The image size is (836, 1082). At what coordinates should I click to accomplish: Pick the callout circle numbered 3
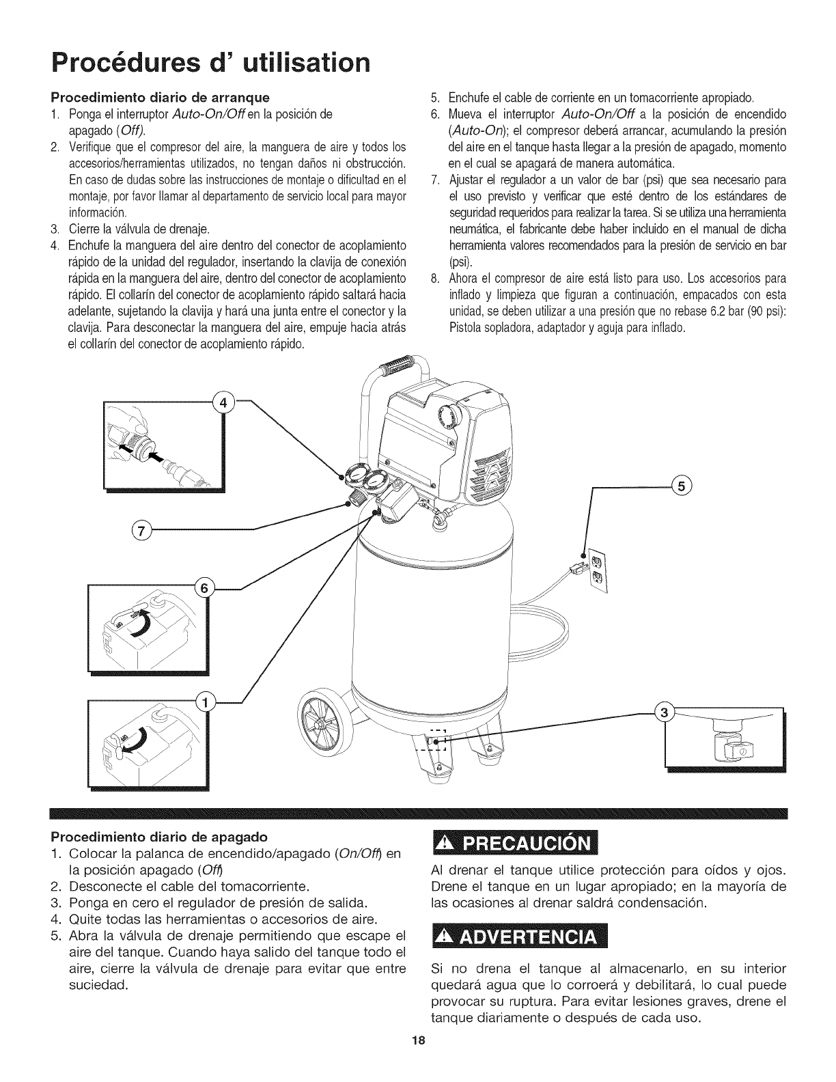(663, 714)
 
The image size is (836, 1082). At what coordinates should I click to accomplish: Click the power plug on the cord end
(575, 566)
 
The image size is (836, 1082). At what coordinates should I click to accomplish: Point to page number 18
(418, 1060)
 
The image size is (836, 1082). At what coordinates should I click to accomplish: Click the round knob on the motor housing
(452, 414)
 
